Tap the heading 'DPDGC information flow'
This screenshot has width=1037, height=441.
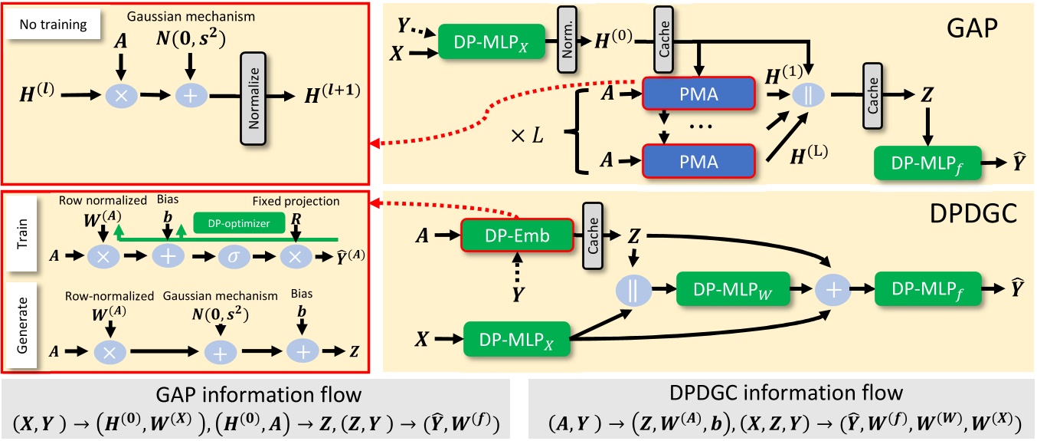[781, 393]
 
